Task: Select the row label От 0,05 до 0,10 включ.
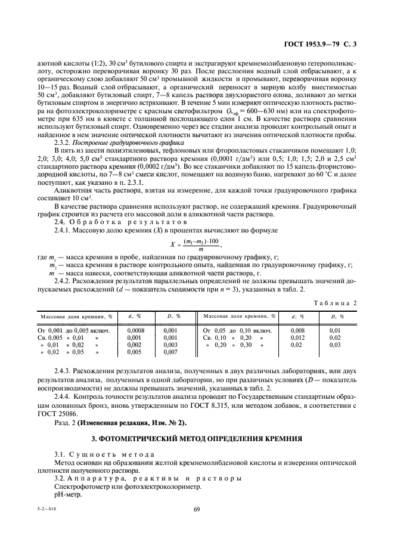click(x=237, y=330)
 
